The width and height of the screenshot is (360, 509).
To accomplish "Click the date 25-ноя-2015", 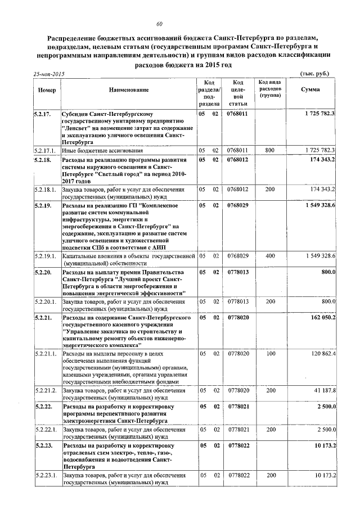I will (49, 74).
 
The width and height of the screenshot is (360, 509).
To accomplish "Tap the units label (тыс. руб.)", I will (315, 74).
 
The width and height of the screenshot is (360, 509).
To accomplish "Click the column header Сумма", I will (310, 89).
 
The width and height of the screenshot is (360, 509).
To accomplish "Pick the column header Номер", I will (46, 90).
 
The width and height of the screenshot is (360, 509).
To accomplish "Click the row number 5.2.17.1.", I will (46, 151).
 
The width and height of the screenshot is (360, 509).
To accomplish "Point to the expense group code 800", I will (270, 151).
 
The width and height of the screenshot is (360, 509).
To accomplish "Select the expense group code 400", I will (270, 256).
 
